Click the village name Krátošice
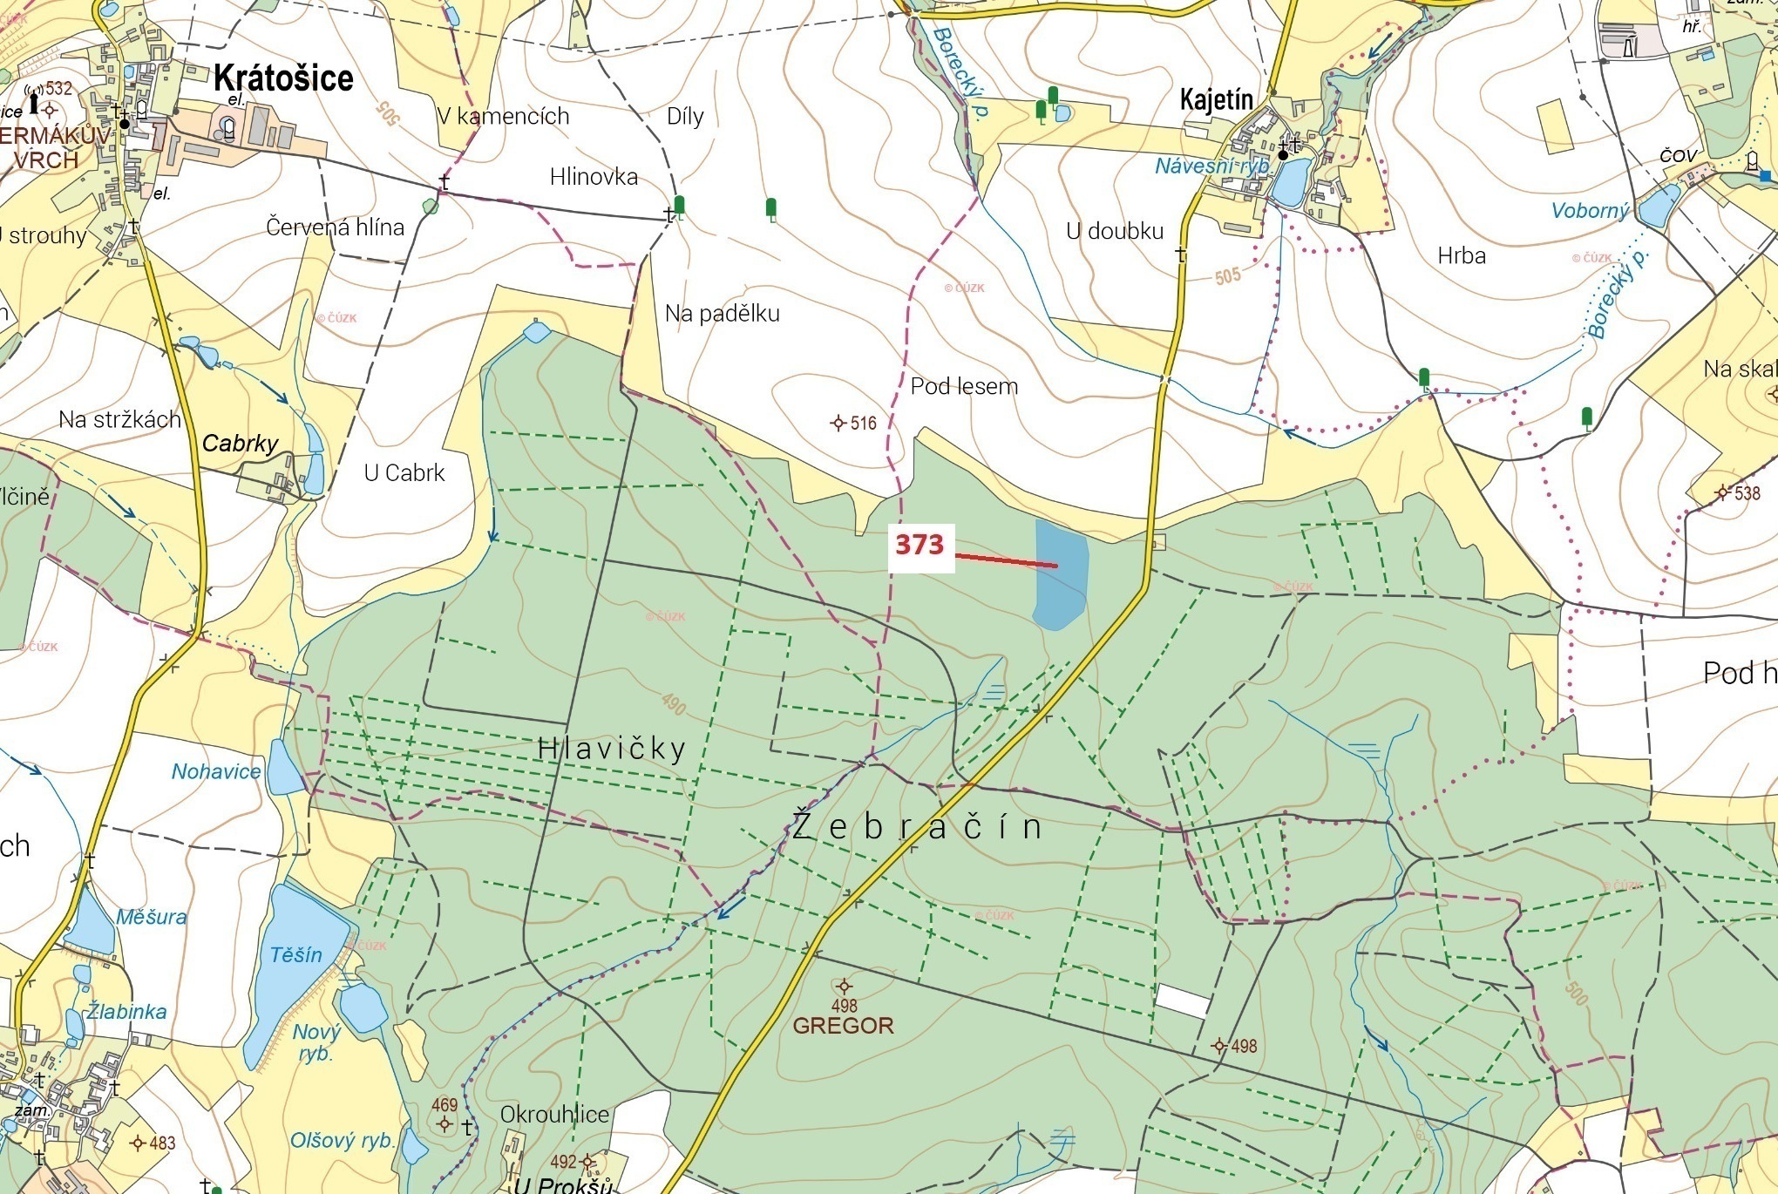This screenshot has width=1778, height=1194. pos(283,78)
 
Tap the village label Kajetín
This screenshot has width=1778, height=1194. pos(1217,99)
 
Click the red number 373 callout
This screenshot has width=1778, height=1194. pos(920,546)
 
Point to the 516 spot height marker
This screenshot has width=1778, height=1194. pos(838,424)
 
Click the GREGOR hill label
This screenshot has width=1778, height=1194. pos(843,1026)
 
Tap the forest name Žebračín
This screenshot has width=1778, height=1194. pos(918,826)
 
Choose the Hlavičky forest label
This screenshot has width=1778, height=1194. pos(612,749)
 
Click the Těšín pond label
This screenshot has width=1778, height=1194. pos(295,955)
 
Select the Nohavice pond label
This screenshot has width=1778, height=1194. pos(216,771)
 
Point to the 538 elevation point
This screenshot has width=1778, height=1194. pos(1721,493)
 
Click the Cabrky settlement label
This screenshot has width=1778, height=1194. pos(240,444)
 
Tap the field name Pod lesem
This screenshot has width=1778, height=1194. pos(964,386)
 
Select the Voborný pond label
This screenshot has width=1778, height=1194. pos(1590,211)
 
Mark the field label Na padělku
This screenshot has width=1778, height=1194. pos(722,314)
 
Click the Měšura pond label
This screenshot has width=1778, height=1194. pos(152,917)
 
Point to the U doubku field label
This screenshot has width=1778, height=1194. pos(1115,231)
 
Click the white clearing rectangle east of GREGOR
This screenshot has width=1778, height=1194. pos(1183,1001)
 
